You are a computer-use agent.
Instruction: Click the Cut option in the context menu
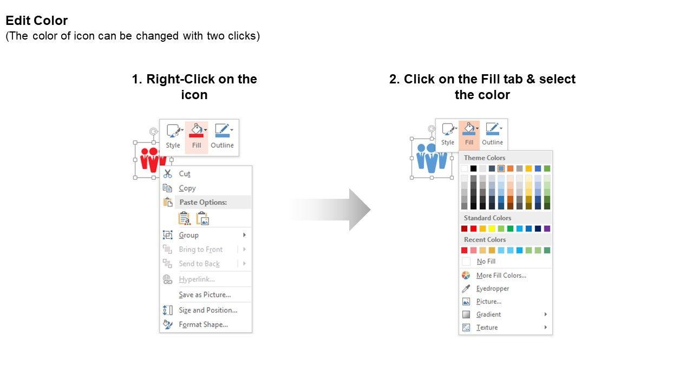pos(185,174)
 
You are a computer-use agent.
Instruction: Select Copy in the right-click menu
pos(187,188)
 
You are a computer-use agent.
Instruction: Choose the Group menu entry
pos(189,235)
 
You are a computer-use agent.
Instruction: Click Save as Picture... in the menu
pos(205,295)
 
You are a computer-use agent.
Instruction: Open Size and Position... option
pos(208,310)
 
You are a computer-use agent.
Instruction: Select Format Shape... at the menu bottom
pos(203,324)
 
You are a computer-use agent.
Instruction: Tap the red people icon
pos(153,160)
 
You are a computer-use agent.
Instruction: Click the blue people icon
pos(432,158)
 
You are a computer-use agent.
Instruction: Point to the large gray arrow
pos(330,210)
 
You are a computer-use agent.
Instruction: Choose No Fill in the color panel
pos(486,262)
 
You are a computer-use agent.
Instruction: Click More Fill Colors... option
pos(501,276)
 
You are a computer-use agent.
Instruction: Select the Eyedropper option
pos(493,289)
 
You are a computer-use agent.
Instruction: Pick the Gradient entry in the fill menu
pos(488,315)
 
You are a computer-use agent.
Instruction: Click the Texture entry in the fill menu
pos(487,328)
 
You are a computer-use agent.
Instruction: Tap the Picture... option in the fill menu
pos(489,302)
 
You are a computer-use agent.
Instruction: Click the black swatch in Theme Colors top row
pos(473,168)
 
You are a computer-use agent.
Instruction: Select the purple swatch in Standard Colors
pos(547,229)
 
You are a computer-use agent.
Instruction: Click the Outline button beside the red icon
pos(222,136)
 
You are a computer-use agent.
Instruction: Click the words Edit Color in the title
pos(36,21)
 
